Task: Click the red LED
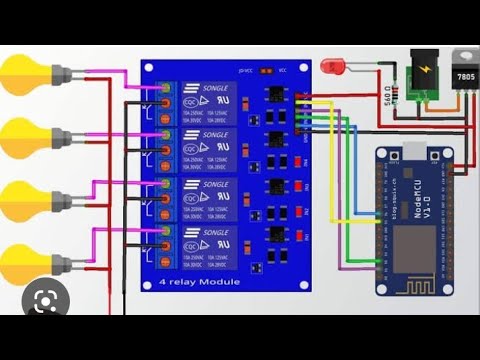[332, 67]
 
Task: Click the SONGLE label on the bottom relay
[217, 232]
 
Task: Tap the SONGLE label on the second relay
[217, 135]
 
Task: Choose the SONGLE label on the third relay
[217, 184]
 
